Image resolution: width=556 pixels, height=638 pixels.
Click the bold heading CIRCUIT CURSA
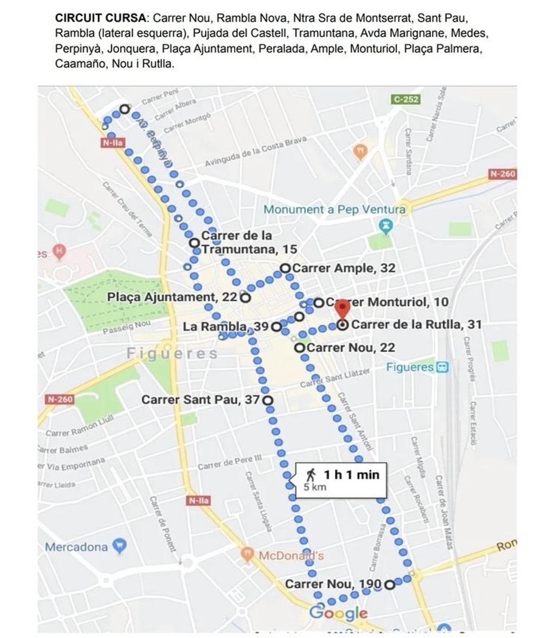100,19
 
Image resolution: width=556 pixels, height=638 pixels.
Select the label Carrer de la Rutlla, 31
416,324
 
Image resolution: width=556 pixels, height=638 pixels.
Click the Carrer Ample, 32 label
343,268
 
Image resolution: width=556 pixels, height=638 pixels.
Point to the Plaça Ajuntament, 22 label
172,297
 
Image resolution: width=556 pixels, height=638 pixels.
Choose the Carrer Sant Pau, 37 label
200,399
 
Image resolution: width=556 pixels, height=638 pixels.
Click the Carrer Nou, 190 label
333,584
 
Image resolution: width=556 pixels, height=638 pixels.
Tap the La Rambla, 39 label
225,327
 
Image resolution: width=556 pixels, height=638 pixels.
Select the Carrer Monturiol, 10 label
387,302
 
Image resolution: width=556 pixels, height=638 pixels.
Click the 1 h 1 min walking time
351,474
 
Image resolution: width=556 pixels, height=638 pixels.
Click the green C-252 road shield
406,99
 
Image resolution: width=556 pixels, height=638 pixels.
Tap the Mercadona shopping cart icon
120,546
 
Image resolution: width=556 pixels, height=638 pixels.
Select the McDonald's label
291,556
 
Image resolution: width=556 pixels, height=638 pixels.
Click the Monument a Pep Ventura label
334,209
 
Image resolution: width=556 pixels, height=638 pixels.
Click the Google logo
338,613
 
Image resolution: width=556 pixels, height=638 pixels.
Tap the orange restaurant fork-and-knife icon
360,151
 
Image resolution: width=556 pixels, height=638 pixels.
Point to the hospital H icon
59,252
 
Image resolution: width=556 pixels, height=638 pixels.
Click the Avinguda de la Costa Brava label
256,152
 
